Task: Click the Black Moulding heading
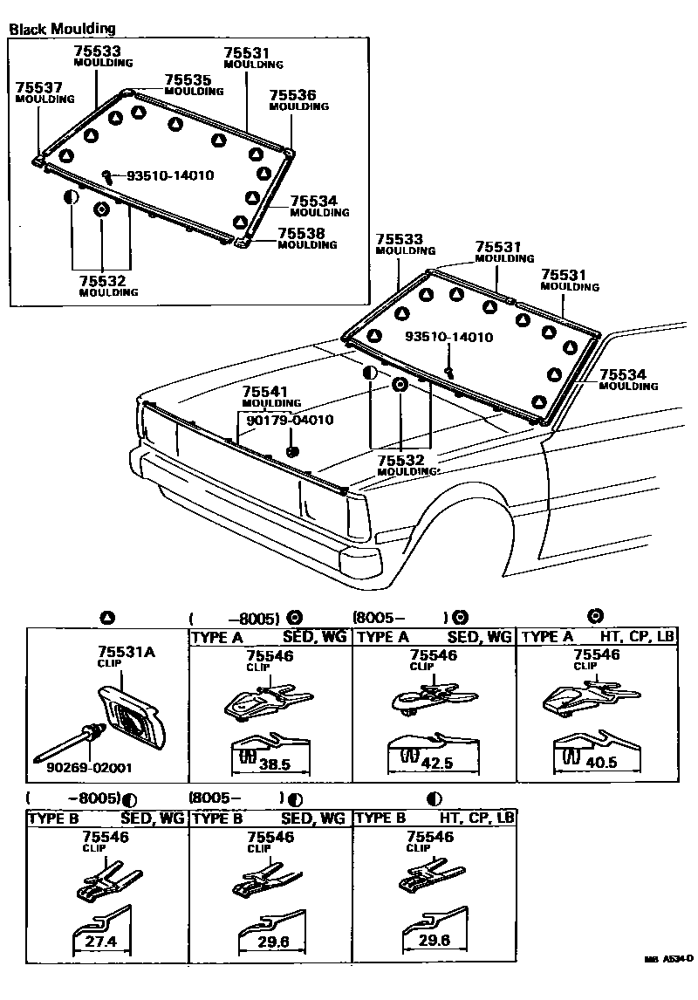tap(62, 29)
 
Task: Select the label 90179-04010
tap(290, 420)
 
